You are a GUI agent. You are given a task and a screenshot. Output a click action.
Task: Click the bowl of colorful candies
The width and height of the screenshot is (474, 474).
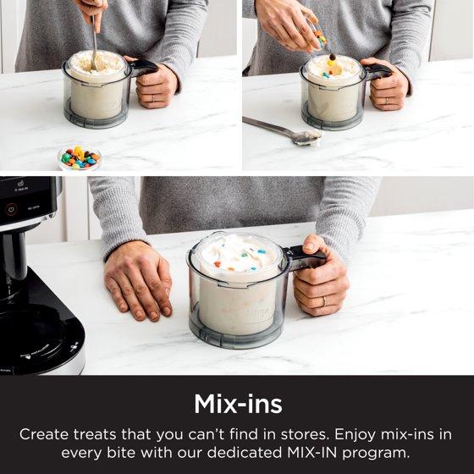tap(80, 157)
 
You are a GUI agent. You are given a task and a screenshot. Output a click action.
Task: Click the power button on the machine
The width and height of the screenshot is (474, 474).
tap(12, 210)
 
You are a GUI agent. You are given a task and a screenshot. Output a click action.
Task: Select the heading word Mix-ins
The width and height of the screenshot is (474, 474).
tap(238, 404)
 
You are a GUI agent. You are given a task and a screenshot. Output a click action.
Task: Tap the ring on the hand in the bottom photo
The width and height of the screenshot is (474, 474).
tap(324, 300)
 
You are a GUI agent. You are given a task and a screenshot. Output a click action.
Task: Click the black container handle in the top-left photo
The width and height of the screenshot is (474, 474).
tap(143, 67)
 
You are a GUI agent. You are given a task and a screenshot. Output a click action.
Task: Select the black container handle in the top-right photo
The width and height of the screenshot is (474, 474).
tap(378, 71)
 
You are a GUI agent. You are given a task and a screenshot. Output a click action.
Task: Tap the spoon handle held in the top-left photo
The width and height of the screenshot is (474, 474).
tap(95, 42)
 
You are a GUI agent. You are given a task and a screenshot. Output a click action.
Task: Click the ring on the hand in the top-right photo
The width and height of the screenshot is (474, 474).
tap(387, 101)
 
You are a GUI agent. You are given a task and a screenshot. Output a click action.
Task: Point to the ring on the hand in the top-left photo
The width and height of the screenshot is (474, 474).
tap(153, 98)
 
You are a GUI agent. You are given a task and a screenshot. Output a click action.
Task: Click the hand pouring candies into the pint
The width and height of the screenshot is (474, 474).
tap(287, 25)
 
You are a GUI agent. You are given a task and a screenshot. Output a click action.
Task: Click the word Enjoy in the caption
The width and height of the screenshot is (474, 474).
tap(355, 436)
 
